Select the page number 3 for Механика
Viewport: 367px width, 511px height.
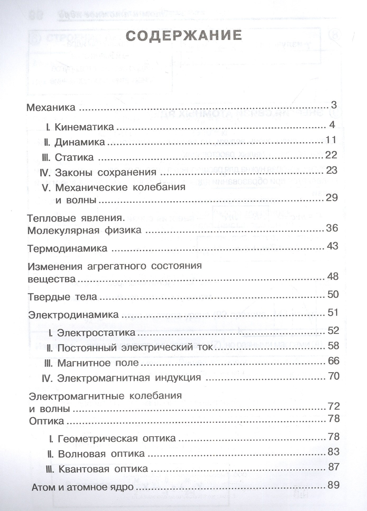pyautogui.click(x=334, y=105)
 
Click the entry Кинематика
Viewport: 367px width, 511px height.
pyautogui.click(x=84, y=127)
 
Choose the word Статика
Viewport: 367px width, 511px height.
pyautogui.click(x=74, y=157)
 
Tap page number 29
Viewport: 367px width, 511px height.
pyautogui.click(x=332, y=198)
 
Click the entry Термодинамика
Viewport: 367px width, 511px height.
pyautogui.click(x=68, y=248)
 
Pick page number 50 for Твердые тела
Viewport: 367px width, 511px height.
pyautogui.click(x=333, y=294)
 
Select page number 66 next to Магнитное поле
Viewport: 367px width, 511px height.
pyautogui.click(x=333, y=361)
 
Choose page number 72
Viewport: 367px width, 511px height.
pyautogui.click(x=333, y=406)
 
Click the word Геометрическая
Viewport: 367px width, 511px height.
pyautogui.click(x=98, y=439)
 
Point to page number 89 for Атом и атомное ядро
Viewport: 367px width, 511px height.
pyautogui.click(x=333, y=485)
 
